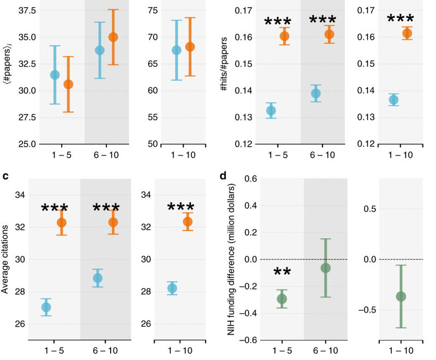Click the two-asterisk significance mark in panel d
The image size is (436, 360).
282,273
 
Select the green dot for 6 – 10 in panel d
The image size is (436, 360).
326,268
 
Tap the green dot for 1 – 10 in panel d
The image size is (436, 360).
401,296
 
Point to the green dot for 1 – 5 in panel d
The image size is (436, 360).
282,298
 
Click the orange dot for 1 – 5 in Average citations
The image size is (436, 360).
62,222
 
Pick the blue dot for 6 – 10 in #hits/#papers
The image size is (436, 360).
316,93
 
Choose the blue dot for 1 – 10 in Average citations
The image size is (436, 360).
172,288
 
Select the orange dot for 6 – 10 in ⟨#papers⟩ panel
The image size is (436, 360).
113,37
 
